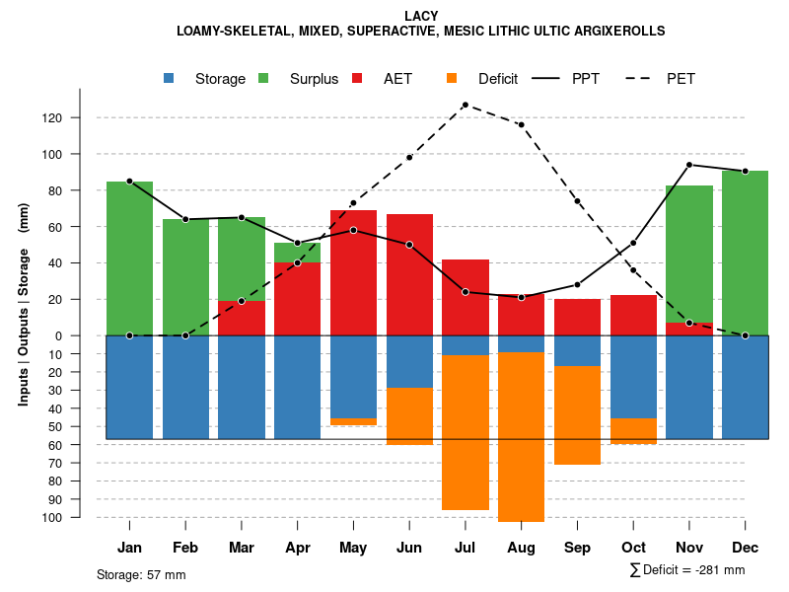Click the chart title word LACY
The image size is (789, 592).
click(x=421, y=16)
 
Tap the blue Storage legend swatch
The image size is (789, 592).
click(x=171, y=79)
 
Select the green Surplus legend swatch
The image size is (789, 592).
click(x=264, y=79)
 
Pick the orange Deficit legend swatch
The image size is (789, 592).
click(x=453, y=79)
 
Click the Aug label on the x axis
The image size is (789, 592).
click(x=521, y=548)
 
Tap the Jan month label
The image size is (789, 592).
click(x=129, y=548)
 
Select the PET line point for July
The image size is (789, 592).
click(x=465, y=105)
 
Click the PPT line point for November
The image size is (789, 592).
click(x=689, y=165)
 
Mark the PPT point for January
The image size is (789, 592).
click(x=129, y=182)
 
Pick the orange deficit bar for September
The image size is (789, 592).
click(x=577, y=414)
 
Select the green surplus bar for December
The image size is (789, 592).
click(x=745, y=253)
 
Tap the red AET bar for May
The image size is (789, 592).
click(x=353, y=272)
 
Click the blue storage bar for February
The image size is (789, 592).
click(x=185, y=387)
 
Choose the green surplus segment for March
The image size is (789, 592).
click(x=242, y=259)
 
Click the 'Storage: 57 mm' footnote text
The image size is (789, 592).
click(x=141, y=574)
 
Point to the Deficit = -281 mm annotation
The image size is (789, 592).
click(x=687, y=570)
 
